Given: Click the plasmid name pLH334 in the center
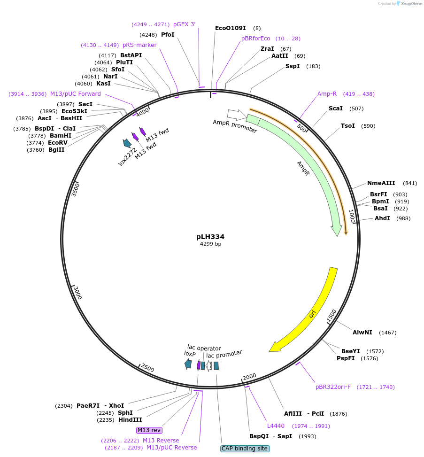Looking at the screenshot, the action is click(210, 237).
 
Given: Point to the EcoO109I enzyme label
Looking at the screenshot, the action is click(230, 28).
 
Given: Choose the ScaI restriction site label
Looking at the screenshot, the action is click(335, 108).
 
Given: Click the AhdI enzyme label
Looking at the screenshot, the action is click(382, 218).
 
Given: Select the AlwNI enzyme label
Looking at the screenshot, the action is click(362, 332).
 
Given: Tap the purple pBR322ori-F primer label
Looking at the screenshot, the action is click(333, 387).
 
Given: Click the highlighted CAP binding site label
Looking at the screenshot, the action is click(245, 449).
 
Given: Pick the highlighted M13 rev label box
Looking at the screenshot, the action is click(149, 430).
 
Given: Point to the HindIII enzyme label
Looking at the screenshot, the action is click(130, 420).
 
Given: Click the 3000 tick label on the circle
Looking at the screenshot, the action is click(77, 293).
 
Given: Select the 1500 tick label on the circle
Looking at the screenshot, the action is click(331, 316).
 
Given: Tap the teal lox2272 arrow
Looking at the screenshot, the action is click(127, 143).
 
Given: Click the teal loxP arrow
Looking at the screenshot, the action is click(188, 364).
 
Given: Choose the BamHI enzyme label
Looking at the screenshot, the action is click(60, 136).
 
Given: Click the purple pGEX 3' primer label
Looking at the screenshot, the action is click(184, 24).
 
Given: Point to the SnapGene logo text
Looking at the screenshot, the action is click(411, 4).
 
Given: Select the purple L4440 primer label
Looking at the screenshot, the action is click(276, 426).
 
